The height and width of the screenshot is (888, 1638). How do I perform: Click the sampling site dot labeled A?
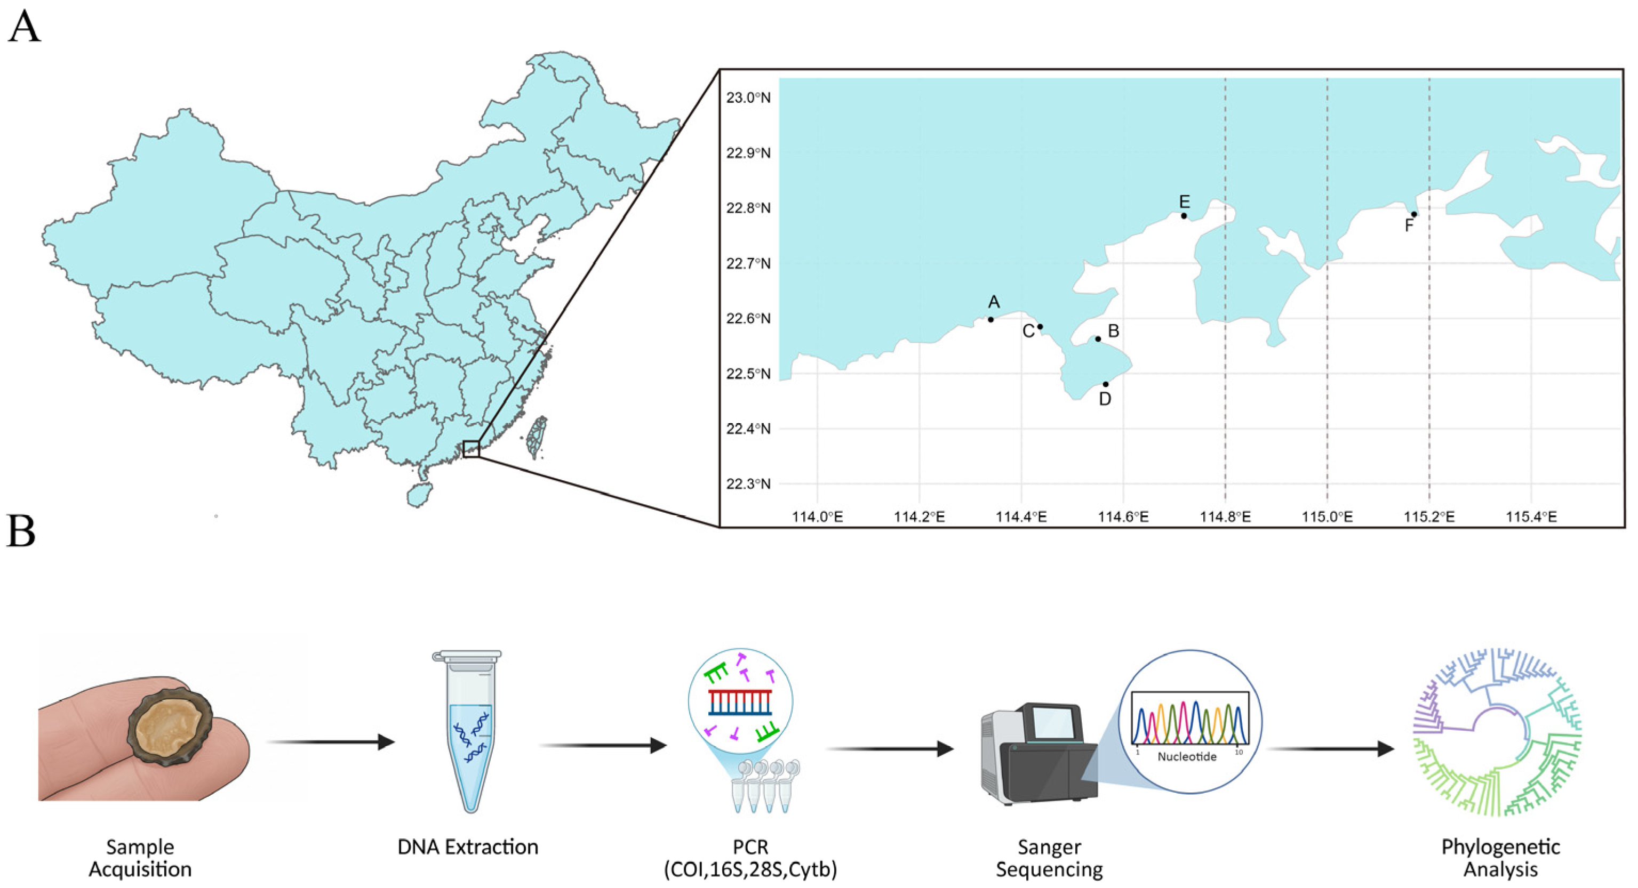990,319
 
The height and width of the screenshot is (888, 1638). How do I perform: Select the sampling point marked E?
1184,215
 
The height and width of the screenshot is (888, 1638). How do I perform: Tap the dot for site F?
1414,214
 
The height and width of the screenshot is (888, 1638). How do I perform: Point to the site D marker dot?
1106,384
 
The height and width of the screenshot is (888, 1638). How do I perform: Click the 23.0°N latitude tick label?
748,98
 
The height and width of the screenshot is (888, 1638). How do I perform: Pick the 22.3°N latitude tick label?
748,484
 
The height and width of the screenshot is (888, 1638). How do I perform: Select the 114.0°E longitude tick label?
817,517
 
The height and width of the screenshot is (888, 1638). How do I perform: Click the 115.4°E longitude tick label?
1531,517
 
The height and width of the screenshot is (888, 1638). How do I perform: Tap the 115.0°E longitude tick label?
1327,517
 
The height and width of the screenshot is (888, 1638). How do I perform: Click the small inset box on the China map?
471,449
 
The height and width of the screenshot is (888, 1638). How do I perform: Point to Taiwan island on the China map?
538,437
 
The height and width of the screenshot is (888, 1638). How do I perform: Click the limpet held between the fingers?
170,725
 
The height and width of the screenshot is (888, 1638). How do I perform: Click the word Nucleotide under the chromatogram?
1187,756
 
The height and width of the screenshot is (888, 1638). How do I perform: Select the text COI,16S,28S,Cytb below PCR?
750,869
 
